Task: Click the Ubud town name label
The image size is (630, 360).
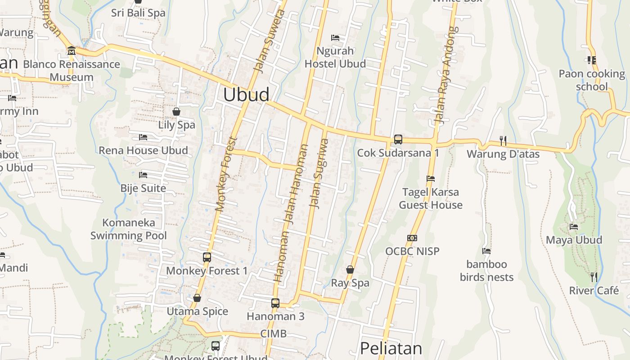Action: point(246,94)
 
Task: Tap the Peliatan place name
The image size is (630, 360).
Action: point(391,349)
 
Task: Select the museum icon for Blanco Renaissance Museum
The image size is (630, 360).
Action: point(72,50)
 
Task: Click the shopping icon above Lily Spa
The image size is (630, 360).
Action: point(176,111)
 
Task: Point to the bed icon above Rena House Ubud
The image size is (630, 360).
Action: point(143,137)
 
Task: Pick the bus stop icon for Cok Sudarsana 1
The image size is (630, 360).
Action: point(398,139)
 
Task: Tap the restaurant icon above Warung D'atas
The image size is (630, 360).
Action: point(503,141)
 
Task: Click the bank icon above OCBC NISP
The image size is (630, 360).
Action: point(412,238)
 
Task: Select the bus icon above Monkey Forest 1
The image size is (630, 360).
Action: point(207,257)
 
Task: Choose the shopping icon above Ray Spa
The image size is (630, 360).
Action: point(350,270)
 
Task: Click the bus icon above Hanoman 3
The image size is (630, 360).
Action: point(275,303)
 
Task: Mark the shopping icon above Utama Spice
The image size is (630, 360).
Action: point(197,298)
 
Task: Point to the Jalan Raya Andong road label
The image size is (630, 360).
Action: point(444,76)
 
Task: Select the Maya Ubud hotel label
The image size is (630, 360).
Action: point(574,240)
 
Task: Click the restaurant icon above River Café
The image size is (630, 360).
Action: point(594,277)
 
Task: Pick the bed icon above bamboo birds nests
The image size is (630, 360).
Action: point(486,251)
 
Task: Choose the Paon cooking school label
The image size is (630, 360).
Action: point(591,80)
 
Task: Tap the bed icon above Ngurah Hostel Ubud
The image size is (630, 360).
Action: point(335,37)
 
